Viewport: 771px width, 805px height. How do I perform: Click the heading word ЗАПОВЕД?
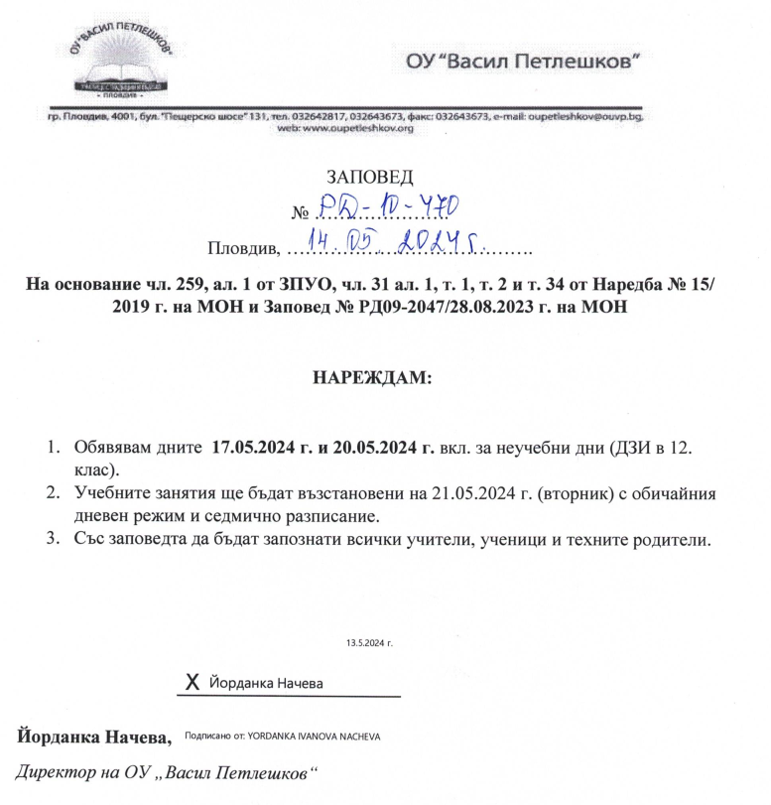coord(369,179)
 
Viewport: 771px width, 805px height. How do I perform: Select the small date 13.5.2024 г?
coord(370,643)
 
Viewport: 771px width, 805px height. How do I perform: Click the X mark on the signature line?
coord(193,683)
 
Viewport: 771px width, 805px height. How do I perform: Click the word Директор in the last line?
coord(51,771)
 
